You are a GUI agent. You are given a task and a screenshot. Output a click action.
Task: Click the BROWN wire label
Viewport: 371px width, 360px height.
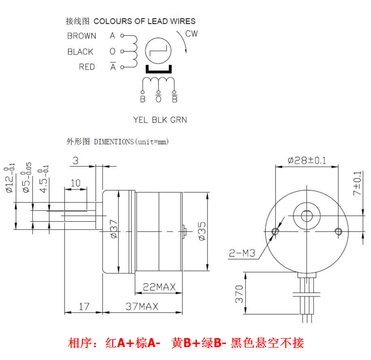pos(81,36)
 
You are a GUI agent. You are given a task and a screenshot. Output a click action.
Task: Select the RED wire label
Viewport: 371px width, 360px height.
pos(86,67)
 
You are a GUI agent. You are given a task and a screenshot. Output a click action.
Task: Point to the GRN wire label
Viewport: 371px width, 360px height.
pos(178,120)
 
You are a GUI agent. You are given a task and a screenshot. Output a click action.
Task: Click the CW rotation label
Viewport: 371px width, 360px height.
pos(191,34)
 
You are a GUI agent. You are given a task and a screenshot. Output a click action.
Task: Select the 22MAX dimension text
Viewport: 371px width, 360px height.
pos(159,287)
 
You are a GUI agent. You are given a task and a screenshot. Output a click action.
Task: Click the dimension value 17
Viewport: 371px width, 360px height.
pos(84,307)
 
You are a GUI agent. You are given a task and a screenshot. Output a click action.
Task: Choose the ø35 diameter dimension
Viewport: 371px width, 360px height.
pos(202,230)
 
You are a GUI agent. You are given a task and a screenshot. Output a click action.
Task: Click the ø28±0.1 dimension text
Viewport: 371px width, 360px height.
pos(306,161)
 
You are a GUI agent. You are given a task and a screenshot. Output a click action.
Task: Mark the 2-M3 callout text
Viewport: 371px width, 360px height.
pos(242,254)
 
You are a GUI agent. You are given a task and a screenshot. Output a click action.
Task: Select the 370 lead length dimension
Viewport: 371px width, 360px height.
pos(239,294)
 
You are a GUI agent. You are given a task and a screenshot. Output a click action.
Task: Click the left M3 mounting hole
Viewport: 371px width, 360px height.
pos(276,231)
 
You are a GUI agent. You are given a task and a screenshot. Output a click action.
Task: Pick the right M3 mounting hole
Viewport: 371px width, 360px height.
pos(338,231)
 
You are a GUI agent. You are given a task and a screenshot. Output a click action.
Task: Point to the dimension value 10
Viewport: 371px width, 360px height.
pos(75,183)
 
